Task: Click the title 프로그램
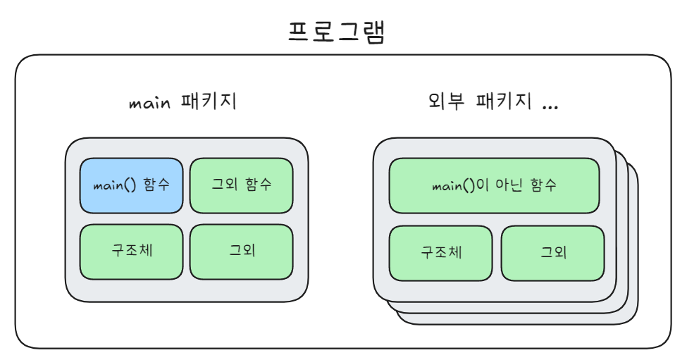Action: (337, 32)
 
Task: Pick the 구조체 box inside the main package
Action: (131, 252)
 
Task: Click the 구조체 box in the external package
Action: (441, 252)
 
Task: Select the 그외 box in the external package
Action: (552, 252)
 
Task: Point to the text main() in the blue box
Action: (115, 186)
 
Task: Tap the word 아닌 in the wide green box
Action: (512, 186)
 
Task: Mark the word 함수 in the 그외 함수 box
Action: (258, 185)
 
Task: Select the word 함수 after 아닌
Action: (543, 186)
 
